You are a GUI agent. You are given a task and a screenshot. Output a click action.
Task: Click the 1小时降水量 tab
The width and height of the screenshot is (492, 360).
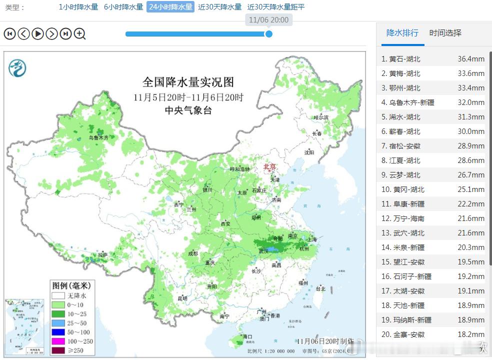pos(78,7)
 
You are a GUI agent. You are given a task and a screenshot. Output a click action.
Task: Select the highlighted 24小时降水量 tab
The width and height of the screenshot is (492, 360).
pos(170,7)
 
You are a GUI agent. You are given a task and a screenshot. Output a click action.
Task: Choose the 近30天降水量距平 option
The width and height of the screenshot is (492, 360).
pos(275,7)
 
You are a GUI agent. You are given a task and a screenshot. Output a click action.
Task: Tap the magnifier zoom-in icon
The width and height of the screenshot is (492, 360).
pos(80,33)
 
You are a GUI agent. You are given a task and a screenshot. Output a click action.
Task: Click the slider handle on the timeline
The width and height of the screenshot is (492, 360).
pos(268,34)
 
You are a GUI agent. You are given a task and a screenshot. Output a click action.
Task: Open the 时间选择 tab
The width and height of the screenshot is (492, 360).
pos(445,33)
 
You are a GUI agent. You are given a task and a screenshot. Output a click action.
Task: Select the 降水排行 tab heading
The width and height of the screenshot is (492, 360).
pos(402,33)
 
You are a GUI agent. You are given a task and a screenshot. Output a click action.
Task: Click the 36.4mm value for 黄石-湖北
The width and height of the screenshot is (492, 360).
pos(470,59)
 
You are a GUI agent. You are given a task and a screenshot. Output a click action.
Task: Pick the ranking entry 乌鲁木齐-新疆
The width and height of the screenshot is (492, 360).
pos(411,102)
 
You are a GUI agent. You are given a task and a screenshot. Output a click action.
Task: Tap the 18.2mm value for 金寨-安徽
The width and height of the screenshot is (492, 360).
pos(470,334)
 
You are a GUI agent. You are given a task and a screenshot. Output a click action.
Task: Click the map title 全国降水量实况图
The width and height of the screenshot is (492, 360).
pos(188,82)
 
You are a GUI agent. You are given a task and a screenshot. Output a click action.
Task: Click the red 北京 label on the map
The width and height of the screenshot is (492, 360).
pos(269,166)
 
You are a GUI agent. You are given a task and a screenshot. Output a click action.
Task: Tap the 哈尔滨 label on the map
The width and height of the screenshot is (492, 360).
pos(321,117)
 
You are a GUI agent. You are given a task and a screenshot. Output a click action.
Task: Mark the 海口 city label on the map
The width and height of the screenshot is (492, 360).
pos(247,337)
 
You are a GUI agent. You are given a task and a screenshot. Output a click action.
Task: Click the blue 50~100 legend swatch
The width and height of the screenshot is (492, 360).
pos(58,332)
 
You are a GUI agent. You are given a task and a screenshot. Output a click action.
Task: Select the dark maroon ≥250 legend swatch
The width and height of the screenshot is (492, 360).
pos(58,350)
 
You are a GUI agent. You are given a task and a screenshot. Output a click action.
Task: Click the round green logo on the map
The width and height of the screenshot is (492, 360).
pos(17,67)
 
